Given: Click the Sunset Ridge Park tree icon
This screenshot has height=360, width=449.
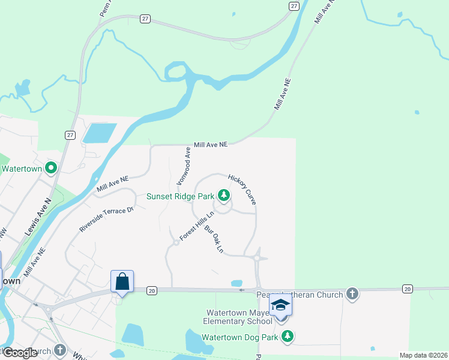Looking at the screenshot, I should click(x=224, y=196).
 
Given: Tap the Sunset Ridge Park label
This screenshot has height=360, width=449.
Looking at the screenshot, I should click(x=181, y=196).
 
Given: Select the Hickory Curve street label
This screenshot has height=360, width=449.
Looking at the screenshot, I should click(x=243, y=190).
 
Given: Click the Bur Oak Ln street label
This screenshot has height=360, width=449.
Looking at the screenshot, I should click(x=214, y=239).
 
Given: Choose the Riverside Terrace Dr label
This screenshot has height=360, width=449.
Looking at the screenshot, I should click(x=106, y=220).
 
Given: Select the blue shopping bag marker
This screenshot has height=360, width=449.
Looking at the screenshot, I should click(x=122, y=281).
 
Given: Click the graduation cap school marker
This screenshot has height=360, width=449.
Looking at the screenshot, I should click(x=280, y=306).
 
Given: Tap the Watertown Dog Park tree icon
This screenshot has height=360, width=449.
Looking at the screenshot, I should click(x=288, y=337).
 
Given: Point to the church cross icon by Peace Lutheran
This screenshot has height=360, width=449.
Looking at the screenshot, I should click(x=352, y=294).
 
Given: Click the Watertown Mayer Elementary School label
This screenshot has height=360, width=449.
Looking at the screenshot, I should click(x=239, y=317).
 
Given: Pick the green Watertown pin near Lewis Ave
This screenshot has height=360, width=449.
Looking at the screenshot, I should click(x=51, y=169).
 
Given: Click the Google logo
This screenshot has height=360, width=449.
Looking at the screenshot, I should click(x=20, y=353).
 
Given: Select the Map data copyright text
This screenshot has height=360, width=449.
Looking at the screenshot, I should click(x=424, y=355).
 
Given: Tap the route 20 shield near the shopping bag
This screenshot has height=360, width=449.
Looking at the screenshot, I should click(x=151, y=290).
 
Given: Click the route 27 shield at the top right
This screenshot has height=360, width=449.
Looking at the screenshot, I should click(x=294, y=5).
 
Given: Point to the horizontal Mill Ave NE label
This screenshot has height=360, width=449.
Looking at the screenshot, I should click(x=211, y=145).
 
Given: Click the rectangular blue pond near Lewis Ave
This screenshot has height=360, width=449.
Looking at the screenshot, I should click(x=100, y=133).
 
